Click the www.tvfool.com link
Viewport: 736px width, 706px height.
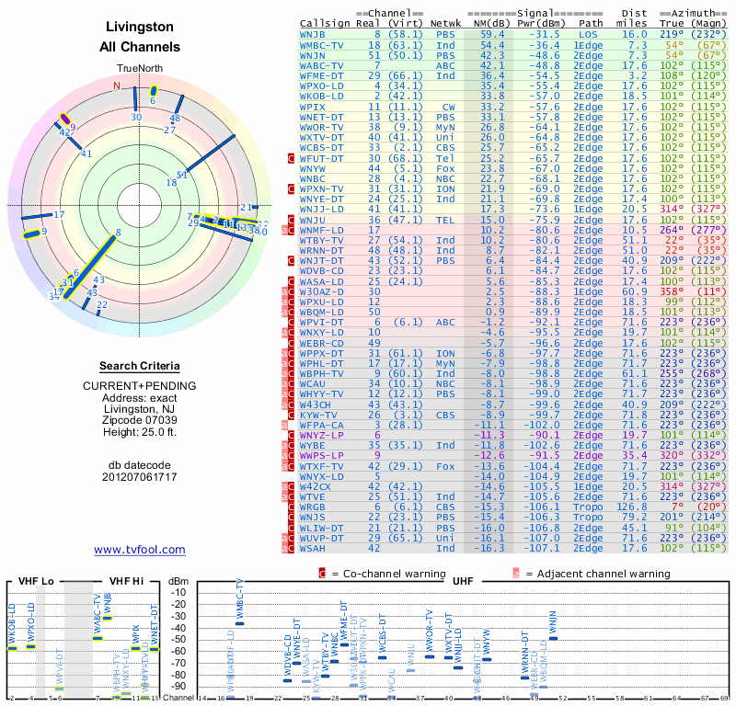coord(139,550)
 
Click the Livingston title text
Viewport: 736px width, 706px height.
coord(139,27)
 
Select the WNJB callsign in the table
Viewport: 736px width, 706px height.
coord(313,33)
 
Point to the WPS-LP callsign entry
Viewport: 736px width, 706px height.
coord(318,454)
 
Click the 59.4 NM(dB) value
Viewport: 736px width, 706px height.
coord(491,33)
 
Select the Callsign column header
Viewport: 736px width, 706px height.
coord(326,23)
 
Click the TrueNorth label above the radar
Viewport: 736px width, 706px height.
coord(139,69)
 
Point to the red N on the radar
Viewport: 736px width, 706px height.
coord(117,86)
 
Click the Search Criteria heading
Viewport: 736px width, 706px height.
coord(139,366)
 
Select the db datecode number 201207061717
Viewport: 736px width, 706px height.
coord(139,476)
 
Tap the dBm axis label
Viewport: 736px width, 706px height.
coord(178,580)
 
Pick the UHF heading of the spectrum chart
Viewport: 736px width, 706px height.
coord(464,580)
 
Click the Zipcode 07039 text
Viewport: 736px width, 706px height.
coord(139,421)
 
